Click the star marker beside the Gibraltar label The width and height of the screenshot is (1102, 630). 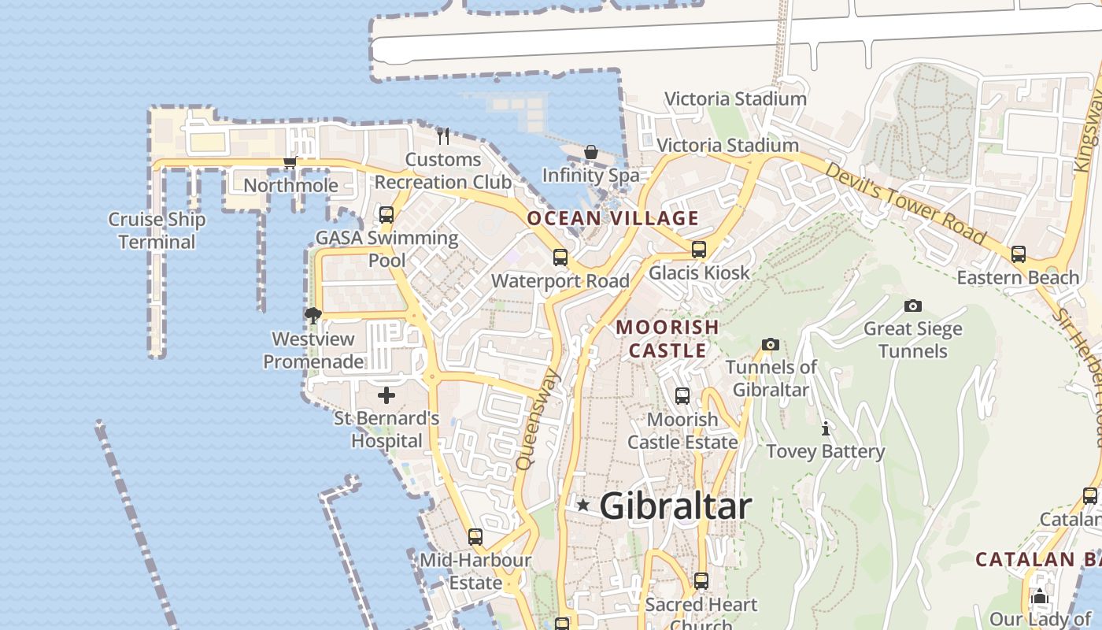coord(582,505)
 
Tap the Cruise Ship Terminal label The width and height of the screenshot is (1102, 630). coord(157,231)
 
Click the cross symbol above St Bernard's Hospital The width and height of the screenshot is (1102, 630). coord(386,395)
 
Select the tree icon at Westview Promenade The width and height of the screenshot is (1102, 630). coord(313,316)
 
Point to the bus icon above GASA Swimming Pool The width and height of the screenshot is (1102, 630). coord(386,215)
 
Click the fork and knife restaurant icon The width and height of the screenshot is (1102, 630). coord(443,136)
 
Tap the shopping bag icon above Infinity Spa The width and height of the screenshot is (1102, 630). coord(591,152)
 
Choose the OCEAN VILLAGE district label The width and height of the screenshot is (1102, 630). coord(612,219)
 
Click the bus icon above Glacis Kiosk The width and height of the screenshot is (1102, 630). coord(699,250)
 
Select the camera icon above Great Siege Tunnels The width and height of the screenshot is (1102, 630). coord(913,306)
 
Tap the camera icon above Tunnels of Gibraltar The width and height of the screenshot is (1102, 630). coord(771,344)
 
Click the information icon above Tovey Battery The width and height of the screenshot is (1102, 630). coord(825,429)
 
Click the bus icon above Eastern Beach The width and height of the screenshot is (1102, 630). coord(1019,254)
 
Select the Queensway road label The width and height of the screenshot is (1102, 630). coord(538,420)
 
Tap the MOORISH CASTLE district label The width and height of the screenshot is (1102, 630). coord(667,339)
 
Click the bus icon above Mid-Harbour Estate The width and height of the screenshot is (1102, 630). coord(475,537)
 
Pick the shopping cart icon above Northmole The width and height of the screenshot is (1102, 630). coord(290,162)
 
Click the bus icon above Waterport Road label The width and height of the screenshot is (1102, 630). coord(560,258)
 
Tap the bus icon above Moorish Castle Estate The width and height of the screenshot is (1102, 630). coord(682,396)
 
